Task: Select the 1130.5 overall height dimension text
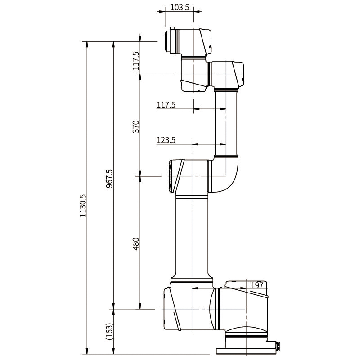tap(82, 206)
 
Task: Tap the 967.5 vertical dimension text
tap(109, 179)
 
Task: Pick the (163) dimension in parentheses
tap(109, 332)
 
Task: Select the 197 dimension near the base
tap(257, 285)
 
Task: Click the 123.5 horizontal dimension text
tap(166, 140)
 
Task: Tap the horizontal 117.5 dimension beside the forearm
tap(166, 105)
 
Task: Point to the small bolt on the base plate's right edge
tap(278, 346)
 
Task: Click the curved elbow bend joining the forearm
tap(229, 173)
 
